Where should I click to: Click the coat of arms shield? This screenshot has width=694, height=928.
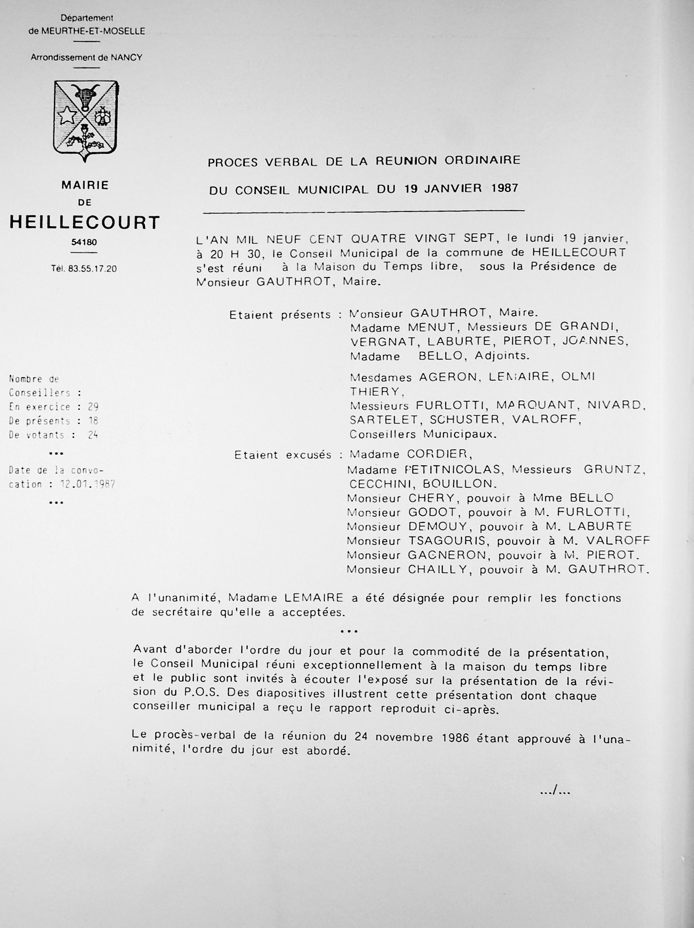(x=86, y=120)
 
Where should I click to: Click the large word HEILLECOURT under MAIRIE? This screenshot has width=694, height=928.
(x=85, y=223)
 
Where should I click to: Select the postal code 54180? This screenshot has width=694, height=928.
(x=84, y=243)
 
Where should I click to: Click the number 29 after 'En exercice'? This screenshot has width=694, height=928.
(x=93, y=407)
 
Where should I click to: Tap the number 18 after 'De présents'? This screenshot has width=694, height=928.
(x=93, y=421)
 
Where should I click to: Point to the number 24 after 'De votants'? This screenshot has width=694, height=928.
(x=93, y=435)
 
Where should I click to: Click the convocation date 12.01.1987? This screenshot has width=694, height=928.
(x=88, y=484)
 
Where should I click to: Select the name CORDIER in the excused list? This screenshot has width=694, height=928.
(x=437, y=454)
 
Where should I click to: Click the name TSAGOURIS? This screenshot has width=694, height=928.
(x=449, y=541)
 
